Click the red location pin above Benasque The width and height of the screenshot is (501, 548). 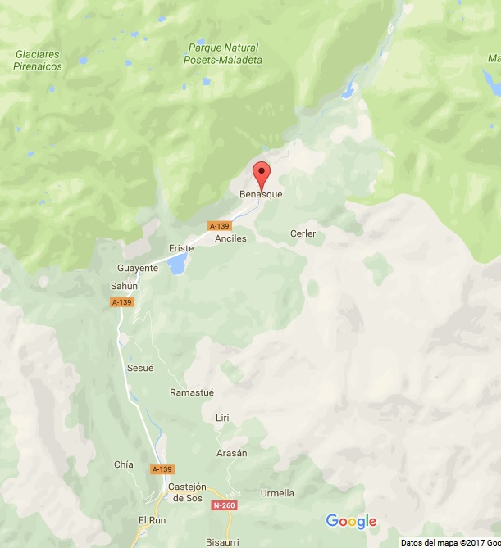262,174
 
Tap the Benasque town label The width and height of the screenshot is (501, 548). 261,195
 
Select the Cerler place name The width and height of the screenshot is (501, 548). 303,234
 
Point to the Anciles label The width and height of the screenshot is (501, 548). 230,239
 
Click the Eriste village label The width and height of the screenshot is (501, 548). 181,248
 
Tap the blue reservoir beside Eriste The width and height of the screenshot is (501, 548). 176,264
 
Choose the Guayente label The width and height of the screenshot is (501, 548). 138,268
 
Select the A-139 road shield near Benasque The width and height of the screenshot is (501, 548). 220,225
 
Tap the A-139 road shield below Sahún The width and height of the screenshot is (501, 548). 121,302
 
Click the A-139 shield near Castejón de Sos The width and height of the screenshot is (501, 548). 162,469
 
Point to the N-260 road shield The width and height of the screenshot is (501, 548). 222,505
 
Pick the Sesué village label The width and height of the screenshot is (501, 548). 140,369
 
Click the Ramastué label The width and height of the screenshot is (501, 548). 192,392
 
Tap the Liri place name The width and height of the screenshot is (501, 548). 222,418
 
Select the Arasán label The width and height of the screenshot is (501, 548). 231,453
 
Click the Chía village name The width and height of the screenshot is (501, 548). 124,464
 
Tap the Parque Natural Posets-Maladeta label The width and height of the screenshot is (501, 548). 222,53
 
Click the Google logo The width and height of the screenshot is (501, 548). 351,522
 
